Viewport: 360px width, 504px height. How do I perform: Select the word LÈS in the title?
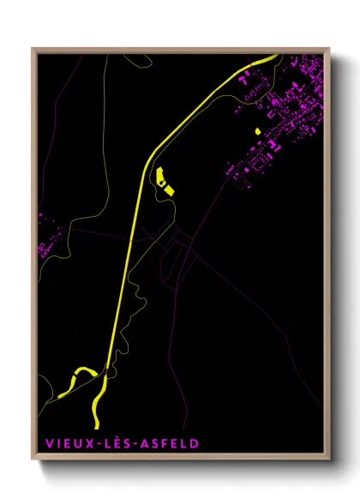click(110, 445)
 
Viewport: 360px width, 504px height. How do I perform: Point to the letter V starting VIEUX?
click(43, 445)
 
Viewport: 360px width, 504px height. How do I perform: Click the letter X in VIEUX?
click(84, 445)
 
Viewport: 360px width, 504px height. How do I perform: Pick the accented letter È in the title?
click(111, 444)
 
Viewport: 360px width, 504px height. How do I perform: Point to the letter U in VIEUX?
click(74, 445)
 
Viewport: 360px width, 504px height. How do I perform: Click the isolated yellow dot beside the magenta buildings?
click(257, 131)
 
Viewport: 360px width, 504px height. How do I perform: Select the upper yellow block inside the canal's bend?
click(159, 176)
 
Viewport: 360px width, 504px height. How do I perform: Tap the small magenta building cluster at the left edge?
click(43, 249)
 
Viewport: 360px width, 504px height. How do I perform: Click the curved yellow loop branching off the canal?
click(81, 373)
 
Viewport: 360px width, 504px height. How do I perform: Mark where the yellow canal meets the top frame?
click(273, 56)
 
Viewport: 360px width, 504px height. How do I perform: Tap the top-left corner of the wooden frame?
click(33, 48)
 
